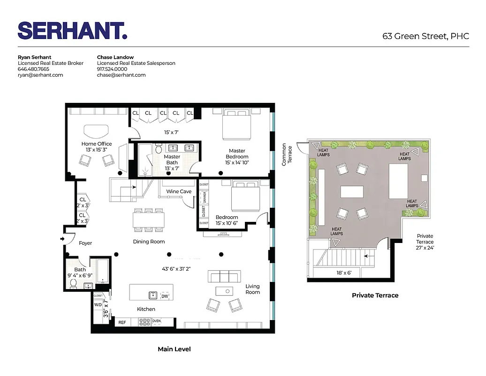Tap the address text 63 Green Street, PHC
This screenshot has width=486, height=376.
pos(425,37)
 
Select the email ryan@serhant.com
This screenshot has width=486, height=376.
pos(40,75)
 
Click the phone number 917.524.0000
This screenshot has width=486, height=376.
pos(112,69)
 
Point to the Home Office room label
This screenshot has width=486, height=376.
pos(97,144)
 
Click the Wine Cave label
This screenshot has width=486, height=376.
pos(179,192)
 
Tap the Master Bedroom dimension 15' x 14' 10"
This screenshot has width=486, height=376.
pos(237,163)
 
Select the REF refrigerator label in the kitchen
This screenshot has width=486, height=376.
pos(122,322)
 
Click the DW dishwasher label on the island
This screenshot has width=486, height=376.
pos(165,296)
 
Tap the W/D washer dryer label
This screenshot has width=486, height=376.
pos(98,305)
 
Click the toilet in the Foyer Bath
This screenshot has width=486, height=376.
pos(73,283)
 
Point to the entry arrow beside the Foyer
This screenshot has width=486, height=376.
pos(63,239)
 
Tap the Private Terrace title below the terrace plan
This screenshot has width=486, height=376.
pos(375,295)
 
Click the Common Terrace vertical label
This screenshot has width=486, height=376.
pos(287,155)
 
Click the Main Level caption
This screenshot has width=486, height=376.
pos(174,349)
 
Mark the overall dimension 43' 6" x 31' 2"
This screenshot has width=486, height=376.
pos(176,269)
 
